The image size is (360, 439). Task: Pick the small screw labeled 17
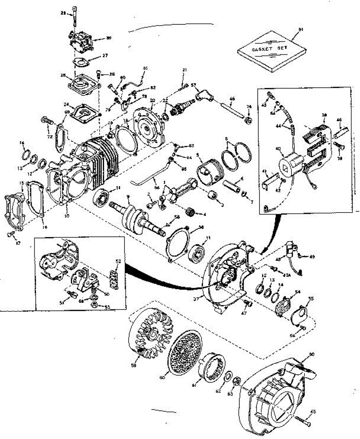[x=12, y=233]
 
